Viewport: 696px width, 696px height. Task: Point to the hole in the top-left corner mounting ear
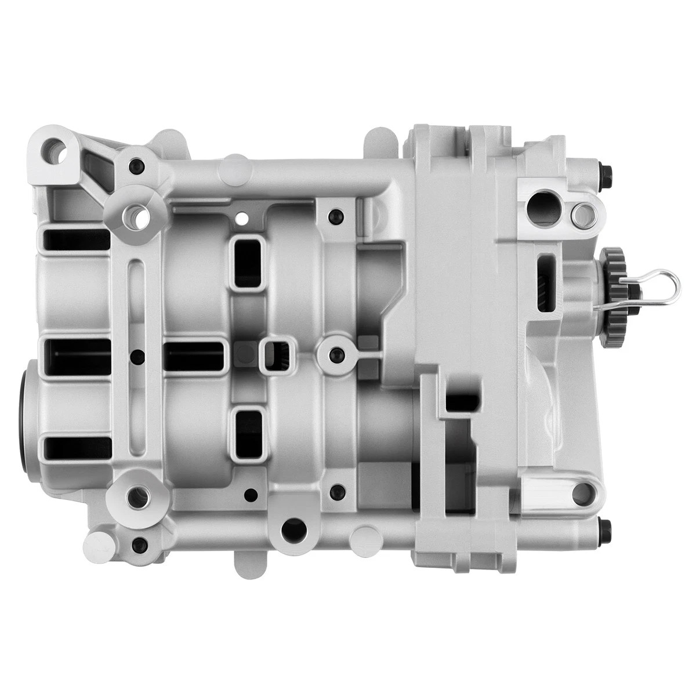coord(57,150)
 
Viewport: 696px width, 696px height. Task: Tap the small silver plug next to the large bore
coord(581,215)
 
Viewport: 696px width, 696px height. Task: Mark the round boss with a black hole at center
coord(336,354)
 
